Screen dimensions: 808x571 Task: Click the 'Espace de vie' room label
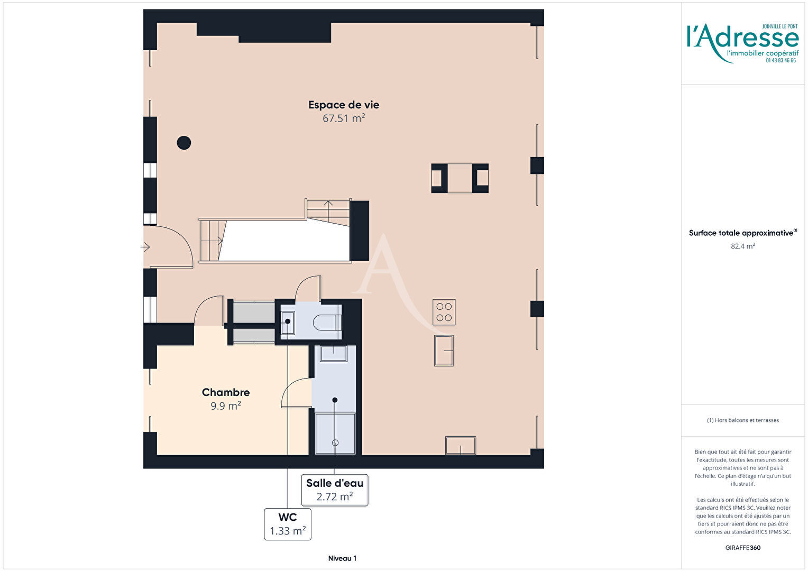click(343, 105)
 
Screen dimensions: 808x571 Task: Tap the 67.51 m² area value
click(343, 118)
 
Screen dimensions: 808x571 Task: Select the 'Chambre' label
click(226, 392)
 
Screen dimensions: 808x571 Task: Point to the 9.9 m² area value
click(226, 406)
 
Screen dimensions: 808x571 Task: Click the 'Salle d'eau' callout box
click(335, 490)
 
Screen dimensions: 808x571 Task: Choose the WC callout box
click(288, 524)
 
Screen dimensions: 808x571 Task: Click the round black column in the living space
click(184, 143)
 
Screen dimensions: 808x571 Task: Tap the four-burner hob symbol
click(444, 312)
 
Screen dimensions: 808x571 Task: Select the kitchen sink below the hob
click(444, 351)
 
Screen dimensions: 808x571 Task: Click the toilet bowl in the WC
click(326, 322)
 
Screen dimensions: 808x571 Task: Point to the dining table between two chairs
click(460, 178)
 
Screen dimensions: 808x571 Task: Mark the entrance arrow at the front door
click(145, 247)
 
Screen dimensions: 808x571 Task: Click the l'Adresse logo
click(743, 43)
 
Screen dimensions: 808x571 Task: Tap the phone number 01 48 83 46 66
click(781, 61)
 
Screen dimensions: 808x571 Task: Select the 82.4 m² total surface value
click(743, 246)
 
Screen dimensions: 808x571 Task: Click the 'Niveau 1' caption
click(342, 558)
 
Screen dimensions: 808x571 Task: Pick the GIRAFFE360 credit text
click(743, 548)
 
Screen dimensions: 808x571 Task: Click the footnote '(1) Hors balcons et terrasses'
click(743, 420)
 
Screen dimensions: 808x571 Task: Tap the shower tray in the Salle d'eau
click(335, 434)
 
